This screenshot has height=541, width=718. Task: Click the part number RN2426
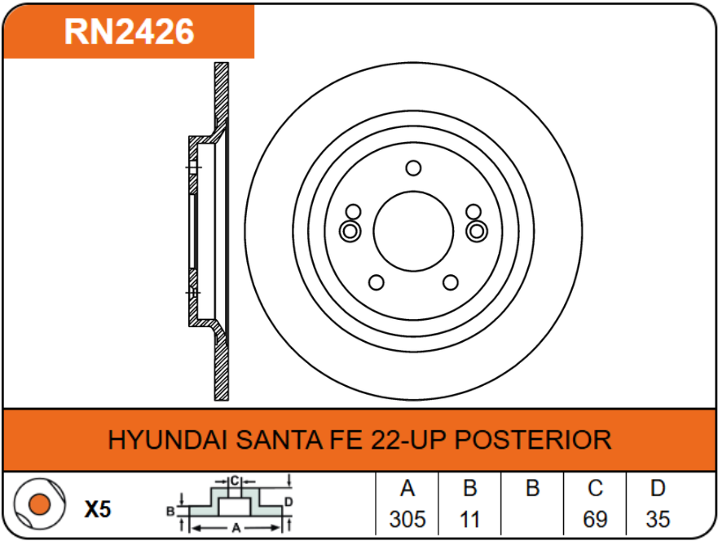[130, 32]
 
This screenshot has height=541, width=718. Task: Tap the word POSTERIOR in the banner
[532, 440]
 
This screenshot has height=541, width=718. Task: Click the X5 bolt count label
[98, 510]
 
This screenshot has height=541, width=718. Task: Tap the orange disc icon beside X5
[37, 506]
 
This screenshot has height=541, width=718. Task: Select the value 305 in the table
[407, 519]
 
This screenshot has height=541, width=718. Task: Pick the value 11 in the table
[469, 519]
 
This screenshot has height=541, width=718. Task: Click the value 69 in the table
[596, 519]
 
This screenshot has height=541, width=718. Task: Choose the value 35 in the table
[658, 519]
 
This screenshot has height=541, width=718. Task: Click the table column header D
[658, 489]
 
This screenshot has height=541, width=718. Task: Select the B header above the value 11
[469, 489]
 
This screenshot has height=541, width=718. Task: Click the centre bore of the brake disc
[413, 230]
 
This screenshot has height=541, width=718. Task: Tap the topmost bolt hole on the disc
[413, 168]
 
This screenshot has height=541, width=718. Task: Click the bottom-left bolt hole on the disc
[376, 282]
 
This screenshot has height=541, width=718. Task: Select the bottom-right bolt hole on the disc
[450, 282]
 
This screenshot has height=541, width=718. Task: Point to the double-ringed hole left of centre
[350, 231]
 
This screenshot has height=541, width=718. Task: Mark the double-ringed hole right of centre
[476, 231]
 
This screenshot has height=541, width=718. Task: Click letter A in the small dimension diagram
[236, 527]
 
